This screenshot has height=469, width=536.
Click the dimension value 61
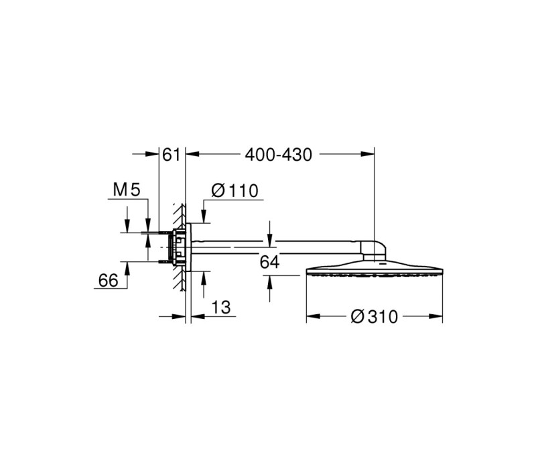tap(171, 155)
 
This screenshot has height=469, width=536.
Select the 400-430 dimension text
tap(278, 155)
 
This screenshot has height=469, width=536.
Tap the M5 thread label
tap(127, 190)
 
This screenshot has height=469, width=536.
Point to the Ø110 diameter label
tap(235, 191)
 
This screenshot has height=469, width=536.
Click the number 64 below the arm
tap(270, 262)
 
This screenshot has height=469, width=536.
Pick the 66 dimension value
tap(108, 281)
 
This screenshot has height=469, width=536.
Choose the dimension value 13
tap(221, 308)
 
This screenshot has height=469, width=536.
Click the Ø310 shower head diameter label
tap(375, 317)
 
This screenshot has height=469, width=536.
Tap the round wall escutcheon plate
tap(188, 247)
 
